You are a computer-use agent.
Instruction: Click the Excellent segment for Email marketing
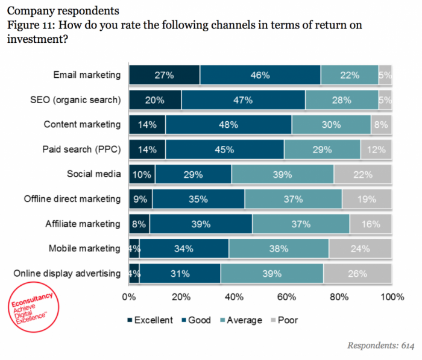164,75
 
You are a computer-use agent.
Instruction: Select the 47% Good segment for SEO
243,100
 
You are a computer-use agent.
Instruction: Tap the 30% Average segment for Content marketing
331,125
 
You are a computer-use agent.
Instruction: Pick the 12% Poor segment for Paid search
376,150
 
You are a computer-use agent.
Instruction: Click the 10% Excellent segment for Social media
142,174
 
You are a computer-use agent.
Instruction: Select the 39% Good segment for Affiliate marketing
201,224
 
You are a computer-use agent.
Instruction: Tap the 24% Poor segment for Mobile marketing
360,248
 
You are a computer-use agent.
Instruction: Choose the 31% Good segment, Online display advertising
180,274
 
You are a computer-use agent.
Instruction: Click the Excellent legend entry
150,320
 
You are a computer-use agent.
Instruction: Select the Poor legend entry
282,320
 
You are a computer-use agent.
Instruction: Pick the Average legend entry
240,320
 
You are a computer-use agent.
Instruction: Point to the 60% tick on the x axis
286,297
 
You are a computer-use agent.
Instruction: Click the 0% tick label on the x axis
128,297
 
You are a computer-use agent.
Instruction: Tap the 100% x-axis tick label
392,297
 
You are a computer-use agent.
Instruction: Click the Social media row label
93,174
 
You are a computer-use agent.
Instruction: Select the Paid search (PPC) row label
82,150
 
